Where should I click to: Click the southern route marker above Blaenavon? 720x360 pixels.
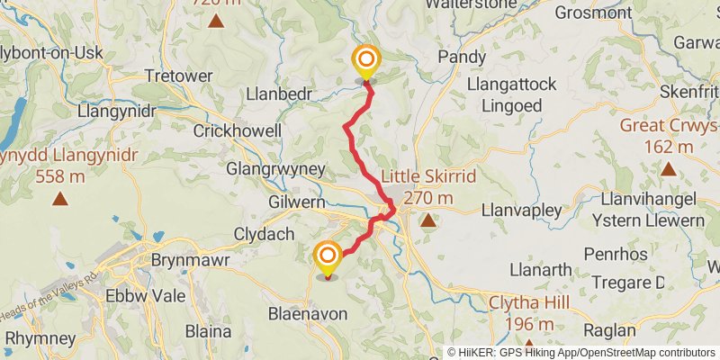click(327, 258)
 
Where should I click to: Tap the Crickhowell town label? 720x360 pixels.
click(238, 130)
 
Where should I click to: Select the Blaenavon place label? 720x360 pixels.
click(302, 314)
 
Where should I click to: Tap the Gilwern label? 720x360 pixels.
click(295, 203)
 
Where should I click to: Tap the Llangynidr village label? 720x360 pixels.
click(118, 111)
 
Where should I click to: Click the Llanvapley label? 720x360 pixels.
click(522, 210)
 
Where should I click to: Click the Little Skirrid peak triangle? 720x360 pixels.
click(428, 219)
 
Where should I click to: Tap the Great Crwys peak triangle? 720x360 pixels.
click(668, 168)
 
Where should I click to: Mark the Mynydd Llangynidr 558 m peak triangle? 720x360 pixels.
click(59, 199)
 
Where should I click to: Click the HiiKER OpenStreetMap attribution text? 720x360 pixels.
click(581, 352)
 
